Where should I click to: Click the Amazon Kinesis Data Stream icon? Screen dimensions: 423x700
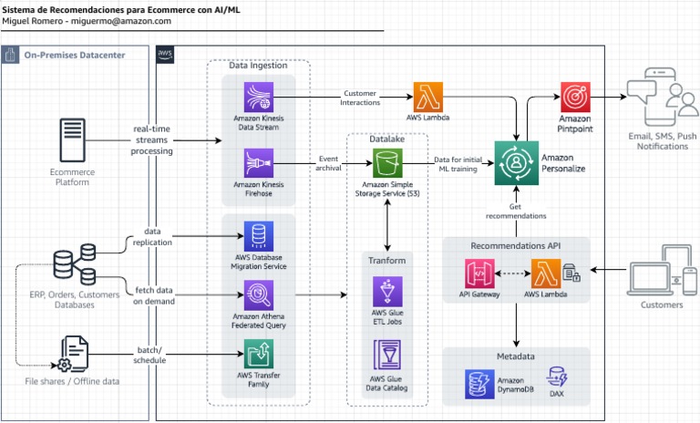258,97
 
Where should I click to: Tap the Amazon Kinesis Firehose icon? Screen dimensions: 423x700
258,164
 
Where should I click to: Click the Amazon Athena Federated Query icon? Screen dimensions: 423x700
258,297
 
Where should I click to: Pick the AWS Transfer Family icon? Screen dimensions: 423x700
258,354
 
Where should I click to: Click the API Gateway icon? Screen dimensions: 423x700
479,273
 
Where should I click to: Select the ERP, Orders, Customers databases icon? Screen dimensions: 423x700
74,267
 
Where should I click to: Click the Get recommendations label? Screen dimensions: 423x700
516,211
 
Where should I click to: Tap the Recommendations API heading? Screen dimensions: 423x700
516,246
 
